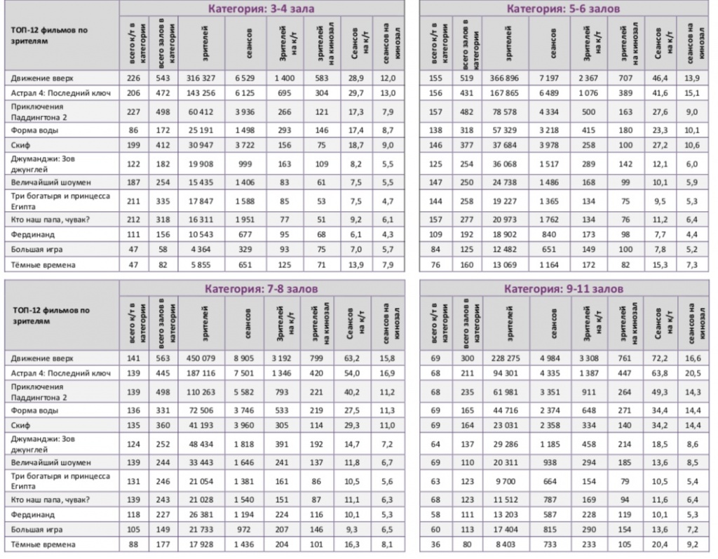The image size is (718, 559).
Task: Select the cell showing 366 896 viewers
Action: (503, 78)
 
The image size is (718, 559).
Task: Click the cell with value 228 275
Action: (503, 358)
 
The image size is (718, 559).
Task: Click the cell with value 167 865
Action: (503, 93)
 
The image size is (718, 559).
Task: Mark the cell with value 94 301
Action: (503, 373)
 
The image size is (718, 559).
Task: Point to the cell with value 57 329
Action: (503, 130)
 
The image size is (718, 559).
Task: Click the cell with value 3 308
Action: (585, 358)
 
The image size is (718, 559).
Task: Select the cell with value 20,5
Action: (694, 373)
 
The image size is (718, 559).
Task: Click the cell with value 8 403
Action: (503, 544)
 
